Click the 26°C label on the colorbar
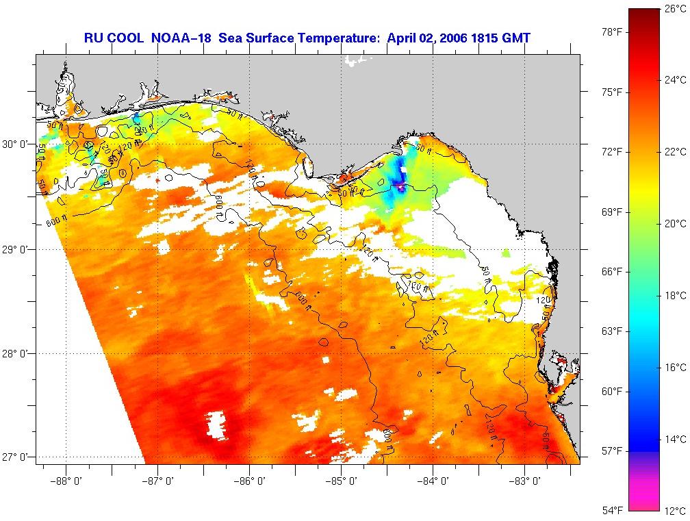point(674,9)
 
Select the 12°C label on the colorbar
point(674,511)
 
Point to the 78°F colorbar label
point(612,32)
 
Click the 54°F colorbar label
point(612,511)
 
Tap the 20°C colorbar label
point(674,224)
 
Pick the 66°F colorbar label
point(612,272)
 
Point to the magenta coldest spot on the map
point(400,185)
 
